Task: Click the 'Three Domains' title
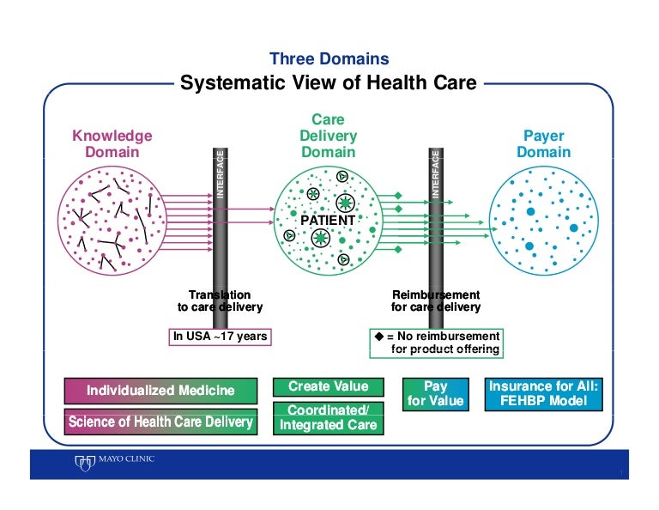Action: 329,59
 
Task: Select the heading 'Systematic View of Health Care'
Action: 329,82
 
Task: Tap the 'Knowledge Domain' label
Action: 112,143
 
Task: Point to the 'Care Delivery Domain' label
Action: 329,136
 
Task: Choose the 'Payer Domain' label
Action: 543,143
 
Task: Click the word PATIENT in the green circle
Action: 328,220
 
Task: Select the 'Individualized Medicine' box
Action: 160,391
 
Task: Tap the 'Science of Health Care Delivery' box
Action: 160,422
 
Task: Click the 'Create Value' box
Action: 329,387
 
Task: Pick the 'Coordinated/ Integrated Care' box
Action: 329,418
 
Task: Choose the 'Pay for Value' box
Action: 435,394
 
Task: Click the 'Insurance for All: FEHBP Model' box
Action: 543,394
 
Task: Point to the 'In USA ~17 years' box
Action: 220,337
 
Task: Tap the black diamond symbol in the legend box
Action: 379,336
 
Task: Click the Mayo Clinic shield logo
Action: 84,463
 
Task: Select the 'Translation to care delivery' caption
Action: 220,301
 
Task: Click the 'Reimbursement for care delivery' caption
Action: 436,301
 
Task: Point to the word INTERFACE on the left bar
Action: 220,174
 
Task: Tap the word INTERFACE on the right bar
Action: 435,174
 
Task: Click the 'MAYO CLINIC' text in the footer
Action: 126,458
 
